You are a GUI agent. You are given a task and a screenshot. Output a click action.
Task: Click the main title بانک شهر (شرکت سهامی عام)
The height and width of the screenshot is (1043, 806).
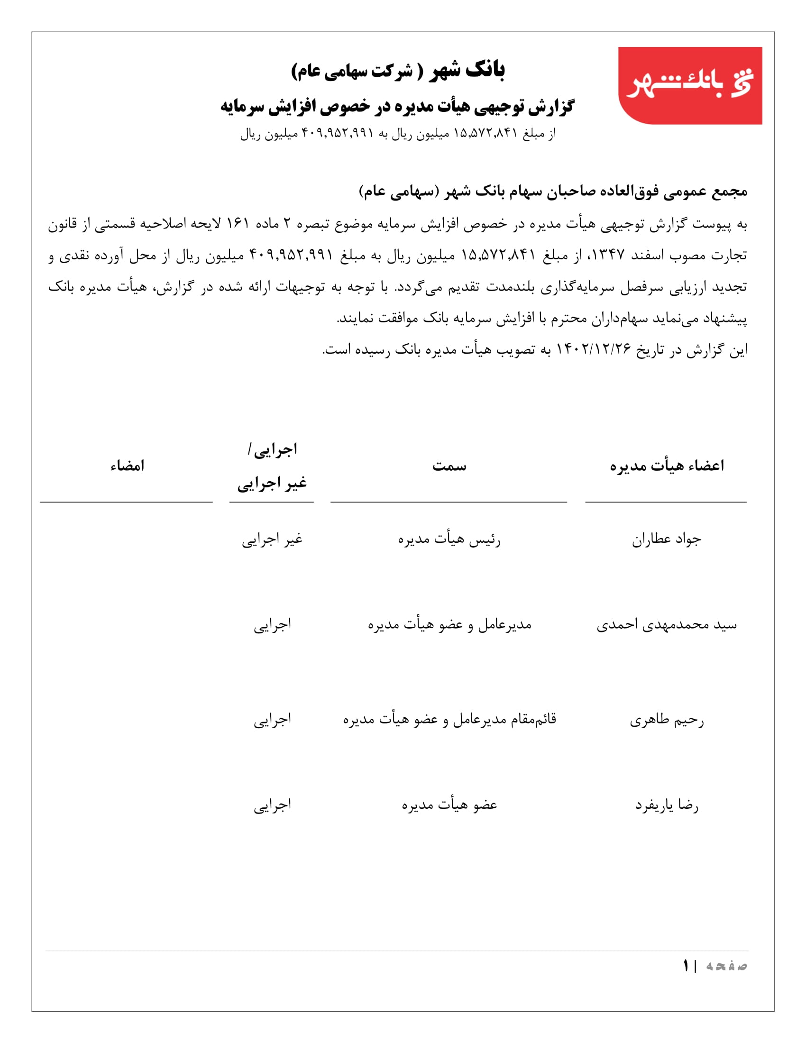coord(398,71)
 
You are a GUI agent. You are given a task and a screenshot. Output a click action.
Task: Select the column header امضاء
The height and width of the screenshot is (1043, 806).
coord(127,466)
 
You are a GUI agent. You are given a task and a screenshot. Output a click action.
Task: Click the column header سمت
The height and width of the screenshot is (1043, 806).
coord(449,466)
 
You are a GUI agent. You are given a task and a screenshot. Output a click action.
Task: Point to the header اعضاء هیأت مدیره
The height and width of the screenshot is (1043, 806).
coord(667,466)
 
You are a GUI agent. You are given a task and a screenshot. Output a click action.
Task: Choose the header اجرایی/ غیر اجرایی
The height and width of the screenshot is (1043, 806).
coord(272,467)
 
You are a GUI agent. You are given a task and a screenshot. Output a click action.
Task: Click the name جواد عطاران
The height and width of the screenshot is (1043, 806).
coord(667,540)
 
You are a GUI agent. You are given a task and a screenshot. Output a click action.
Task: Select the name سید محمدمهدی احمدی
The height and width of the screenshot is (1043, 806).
coord(667,625)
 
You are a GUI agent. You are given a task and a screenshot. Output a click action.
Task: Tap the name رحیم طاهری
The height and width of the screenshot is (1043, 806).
coord(667,720)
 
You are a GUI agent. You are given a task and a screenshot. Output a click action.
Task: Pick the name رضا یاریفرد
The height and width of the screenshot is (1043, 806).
coord(667,805)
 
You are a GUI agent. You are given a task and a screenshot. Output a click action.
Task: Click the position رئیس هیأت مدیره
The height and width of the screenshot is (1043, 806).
coord(449,540)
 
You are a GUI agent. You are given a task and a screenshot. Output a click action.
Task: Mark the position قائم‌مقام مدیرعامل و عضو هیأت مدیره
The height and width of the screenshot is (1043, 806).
coord(449,719)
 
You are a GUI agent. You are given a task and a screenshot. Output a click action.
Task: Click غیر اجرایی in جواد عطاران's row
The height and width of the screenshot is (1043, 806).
coord(272,540)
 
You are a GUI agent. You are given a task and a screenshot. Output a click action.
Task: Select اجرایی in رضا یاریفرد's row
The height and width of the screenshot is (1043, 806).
coord(272,805)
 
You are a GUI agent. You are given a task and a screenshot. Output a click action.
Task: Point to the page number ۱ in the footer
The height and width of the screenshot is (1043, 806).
coord(686,966)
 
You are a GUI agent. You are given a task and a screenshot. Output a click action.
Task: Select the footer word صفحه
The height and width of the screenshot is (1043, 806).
coord(726,966)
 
